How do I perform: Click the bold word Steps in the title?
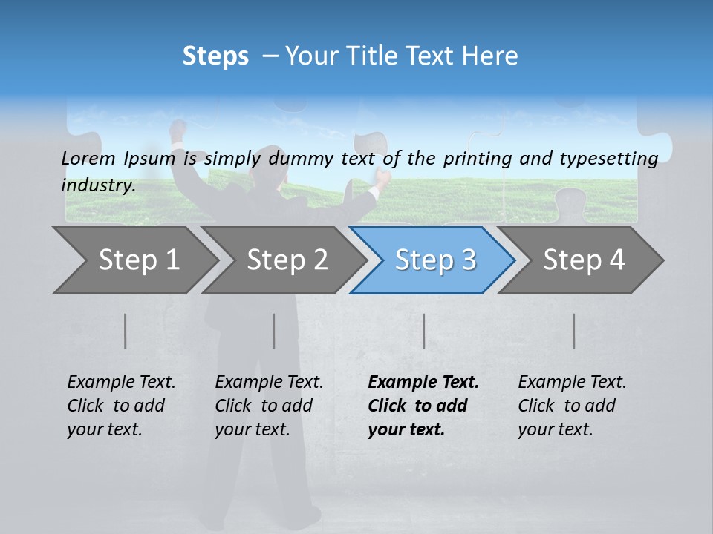215,56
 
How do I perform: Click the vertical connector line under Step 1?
126,331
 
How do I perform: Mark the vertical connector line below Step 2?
274,331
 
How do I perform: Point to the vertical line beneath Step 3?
423,331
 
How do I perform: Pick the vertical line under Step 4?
573,331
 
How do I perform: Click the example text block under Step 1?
120,406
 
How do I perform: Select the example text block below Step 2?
268,406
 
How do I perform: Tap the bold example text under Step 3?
423,406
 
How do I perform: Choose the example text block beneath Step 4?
571,406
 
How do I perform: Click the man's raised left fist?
178,130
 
